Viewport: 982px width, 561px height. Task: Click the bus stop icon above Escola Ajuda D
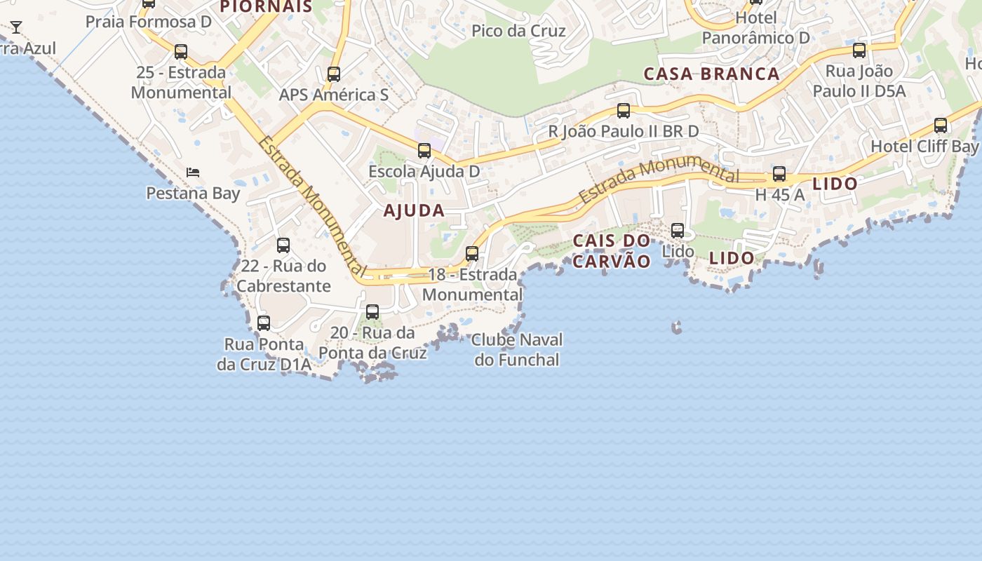[424, 151]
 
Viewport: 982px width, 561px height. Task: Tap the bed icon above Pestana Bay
[193, 173]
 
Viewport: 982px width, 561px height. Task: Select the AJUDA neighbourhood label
[414, 210]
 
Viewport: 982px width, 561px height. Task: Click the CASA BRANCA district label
[711, 74]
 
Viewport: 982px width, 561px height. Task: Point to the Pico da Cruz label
[518, 31]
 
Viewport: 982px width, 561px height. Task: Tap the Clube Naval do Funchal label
[517, 350]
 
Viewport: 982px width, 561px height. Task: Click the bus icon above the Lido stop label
[678, 231]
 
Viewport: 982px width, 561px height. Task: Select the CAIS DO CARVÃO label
[612, 251]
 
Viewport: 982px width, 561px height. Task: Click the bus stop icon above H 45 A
[779, 175]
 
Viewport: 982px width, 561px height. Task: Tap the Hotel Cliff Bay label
[924, 147]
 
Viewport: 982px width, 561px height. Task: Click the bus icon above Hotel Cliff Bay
[941, 126]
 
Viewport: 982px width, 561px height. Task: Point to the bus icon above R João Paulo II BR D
[623, 111]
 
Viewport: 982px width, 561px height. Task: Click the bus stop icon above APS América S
[334, 74]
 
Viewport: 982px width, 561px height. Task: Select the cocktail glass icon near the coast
[16, 27]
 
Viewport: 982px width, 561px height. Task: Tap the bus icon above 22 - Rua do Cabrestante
[283, 245]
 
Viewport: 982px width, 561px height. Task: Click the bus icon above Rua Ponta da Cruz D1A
[264, 323]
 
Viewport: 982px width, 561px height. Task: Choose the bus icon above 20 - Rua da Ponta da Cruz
[372, 312]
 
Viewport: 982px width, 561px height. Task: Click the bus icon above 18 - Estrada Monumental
[472, 254]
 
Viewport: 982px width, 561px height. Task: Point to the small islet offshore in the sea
[677, 327]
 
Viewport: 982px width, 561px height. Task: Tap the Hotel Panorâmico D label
[755, 28]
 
